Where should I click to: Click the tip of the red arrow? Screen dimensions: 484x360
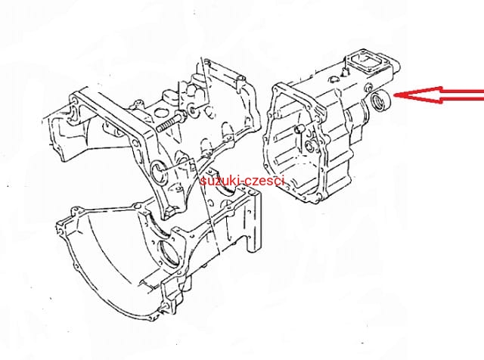coord(395,95)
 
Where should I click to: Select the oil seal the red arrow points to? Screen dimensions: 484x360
coord(380,100)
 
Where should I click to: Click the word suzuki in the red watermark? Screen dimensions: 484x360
coord(219,181)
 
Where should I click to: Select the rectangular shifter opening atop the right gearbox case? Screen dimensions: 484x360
coord(365,63)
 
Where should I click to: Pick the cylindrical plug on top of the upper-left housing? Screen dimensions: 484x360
coord(170,96)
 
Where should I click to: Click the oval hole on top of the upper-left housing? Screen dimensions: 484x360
coord(160,113)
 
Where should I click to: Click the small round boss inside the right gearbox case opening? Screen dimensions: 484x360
coord(309,145)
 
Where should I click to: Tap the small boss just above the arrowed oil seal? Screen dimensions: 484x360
coord(368,87)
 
